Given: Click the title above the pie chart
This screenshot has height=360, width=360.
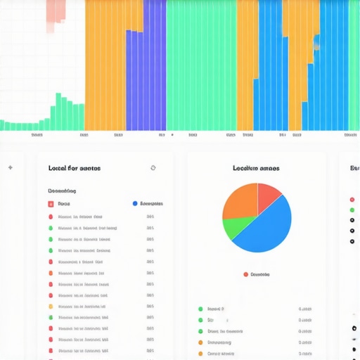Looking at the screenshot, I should tap(256, 168).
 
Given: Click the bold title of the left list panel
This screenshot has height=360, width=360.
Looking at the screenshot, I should tap(74, 168).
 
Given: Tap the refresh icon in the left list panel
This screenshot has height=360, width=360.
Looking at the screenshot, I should tap(153, 168).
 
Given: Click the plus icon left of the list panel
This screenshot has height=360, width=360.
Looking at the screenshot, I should tap(10, 168).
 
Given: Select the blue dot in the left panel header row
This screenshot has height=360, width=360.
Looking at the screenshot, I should tap(135, 204).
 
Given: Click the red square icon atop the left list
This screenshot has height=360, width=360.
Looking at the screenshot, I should tap(51, 204).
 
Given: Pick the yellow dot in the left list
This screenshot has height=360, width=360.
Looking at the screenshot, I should tap(51, 307).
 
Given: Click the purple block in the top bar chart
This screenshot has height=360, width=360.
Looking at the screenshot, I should tap(146, 77).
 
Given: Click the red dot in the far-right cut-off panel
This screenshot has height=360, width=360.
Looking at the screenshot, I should tap(352, 199).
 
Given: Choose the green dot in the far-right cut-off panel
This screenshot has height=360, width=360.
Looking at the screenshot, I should tap(352, 210).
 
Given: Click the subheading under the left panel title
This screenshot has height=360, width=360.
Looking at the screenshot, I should tap(62, 191).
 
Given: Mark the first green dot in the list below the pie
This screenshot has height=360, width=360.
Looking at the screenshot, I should tap(200, 309).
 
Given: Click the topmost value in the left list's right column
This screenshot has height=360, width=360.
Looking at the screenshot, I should tap(150, 217).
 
